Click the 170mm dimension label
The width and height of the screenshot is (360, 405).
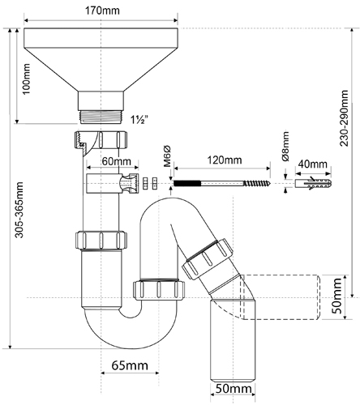102,11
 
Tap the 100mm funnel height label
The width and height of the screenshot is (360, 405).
27,79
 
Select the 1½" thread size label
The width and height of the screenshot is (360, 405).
139,120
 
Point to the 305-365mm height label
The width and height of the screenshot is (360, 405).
19,210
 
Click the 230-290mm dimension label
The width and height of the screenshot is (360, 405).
344,118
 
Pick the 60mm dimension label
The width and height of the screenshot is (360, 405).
117,161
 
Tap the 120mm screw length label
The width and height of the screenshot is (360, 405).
225,160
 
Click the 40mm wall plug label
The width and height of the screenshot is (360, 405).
313,164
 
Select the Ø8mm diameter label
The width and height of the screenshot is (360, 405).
285,146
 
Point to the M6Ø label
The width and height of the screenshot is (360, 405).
168,156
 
